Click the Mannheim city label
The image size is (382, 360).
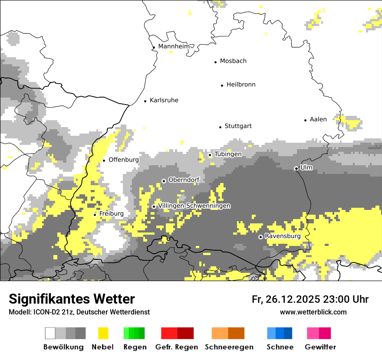click(x=174, y=46)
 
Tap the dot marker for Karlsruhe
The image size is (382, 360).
click(x=145, y=101)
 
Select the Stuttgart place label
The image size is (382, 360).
click(x=238, y=126)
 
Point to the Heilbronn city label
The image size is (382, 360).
click(x=241, y=85)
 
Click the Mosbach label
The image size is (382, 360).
click(x=233, y=61)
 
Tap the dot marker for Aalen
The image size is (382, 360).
click(x=306, y=120)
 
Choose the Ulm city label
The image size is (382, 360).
click(x=306, y=167)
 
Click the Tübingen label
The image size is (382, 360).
click(x=228, y=154)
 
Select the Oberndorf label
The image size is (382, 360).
click(x=184, y=180)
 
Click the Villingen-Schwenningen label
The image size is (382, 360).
click(x=194, y=206)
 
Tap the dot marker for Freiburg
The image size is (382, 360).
click(x=95, y=215)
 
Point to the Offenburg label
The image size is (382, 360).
click(x=124, y=160)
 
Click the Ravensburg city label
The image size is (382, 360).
click(x=283, y=236)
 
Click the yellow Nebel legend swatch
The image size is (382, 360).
click(x=103, y=333)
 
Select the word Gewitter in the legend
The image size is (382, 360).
click(x=320, y=347)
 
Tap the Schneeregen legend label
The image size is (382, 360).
click(x=229, y=347)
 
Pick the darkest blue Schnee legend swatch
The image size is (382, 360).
click(x=288, y=333)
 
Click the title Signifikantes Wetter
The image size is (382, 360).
click(x=72, y=299)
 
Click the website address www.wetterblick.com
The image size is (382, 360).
click(x=313, y=312)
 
